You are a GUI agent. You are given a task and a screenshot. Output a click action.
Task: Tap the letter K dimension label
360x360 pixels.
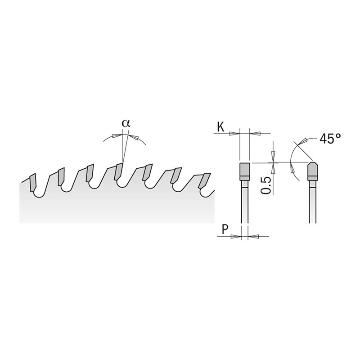220,127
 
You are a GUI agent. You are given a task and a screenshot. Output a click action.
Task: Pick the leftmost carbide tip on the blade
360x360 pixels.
32,181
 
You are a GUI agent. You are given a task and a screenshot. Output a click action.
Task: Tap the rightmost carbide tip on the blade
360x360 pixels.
205,181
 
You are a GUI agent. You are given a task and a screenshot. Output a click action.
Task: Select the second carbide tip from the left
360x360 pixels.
61,177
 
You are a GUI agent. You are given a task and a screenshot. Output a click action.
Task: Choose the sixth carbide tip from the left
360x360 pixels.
176,175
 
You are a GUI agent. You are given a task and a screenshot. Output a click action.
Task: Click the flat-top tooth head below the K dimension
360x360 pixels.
244,171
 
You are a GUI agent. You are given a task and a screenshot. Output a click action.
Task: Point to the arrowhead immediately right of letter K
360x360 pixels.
234,133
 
